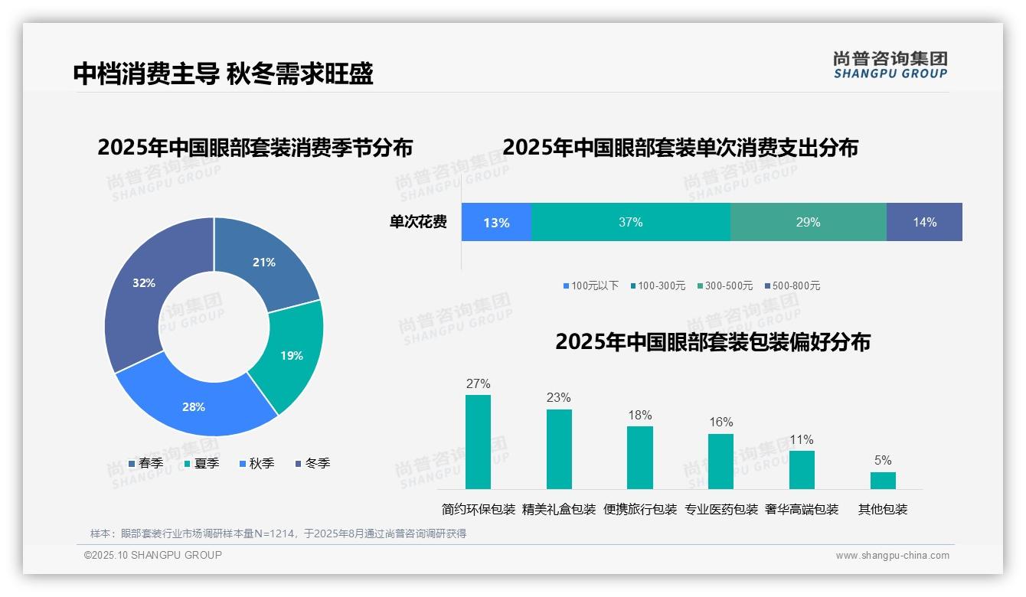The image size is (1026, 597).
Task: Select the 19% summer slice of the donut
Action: (292, 355)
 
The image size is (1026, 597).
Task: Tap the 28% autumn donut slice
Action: (194, 406)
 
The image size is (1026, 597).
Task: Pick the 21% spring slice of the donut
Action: (264, 263)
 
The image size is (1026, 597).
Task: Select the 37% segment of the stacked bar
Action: (630, 222)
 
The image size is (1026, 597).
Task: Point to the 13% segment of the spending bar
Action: (496, 222)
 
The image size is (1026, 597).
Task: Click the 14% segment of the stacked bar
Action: (924, 222)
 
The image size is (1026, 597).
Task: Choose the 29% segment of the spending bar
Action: (808, 222)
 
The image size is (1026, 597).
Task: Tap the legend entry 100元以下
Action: (591, 285)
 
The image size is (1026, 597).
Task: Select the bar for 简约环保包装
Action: (478, 442)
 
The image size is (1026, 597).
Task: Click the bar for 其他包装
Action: (883, 481)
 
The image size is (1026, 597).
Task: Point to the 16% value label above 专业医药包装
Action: (720, 422)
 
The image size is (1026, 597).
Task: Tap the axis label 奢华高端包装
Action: (802, 509)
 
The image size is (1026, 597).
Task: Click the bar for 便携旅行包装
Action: (639, 457)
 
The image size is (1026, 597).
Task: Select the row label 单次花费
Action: (418, 222)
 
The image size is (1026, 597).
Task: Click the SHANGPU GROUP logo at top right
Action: (890, 64)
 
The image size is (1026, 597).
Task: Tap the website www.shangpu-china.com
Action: (892, 555)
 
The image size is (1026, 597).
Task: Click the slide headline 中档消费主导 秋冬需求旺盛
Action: (223, 73)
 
